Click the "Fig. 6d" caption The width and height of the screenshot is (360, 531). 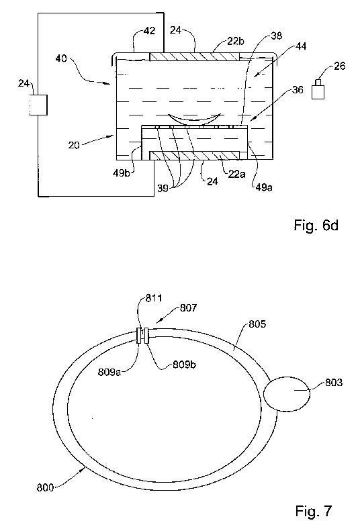(316, 225)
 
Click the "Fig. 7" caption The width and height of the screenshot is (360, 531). (314, 511)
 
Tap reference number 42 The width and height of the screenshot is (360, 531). (149, 31)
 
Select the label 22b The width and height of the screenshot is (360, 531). (235, 41)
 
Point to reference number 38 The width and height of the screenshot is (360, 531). (276, 36)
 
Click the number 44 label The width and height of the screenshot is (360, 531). (301, 46)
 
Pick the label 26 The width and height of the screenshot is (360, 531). (340, 66)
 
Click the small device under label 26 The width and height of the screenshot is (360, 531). (318, 89)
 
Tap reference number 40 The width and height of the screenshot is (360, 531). (61, 58)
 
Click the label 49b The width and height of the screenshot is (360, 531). (122, 173)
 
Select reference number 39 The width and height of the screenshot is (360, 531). (163, 188)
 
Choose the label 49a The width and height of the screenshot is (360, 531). (263, 187)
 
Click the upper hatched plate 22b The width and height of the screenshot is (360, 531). (195, 57)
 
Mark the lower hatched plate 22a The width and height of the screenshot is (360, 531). (194, 156)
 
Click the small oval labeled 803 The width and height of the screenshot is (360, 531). (287, 393)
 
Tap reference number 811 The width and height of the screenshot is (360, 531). (153, 298)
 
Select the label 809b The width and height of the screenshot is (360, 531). (184, 365)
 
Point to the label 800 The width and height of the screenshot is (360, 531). (45, 487)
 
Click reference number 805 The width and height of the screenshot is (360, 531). (257, 324)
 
